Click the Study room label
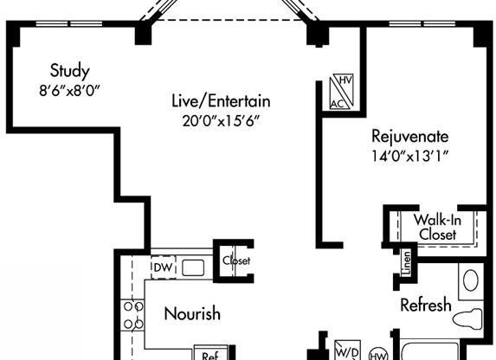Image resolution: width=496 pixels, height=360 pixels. (x=70, y=69)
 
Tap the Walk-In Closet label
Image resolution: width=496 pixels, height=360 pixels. (x=436, y=227)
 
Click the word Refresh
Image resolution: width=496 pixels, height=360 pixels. (x=425, y=305)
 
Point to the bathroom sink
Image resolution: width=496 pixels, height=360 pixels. (x=470, y=280)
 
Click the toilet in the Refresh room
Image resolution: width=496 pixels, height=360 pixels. (x=469, y=318)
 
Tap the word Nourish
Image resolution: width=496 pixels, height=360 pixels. (x=191, y=313)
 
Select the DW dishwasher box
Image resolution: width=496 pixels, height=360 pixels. (x=163, y=267)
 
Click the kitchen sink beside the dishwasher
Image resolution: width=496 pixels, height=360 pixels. (x=193, y=267)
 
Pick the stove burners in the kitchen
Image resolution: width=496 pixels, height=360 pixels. (x=133, y=315)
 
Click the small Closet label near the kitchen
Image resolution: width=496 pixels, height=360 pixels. (x=235, y=260)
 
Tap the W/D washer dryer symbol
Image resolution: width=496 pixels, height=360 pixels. (x=346, y=351)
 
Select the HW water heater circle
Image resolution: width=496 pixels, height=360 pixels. (x=377, y=352)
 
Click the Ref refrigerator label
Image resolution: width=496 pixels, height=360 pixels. (x=210, y=355)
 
